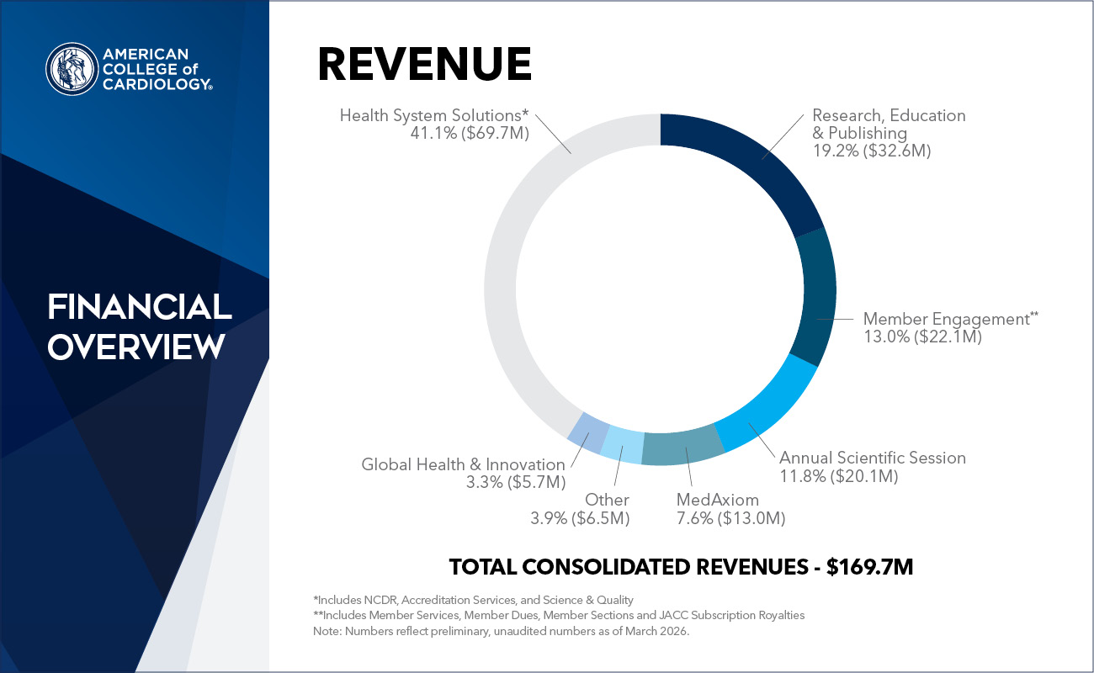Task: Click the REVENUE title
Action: pos(424,64)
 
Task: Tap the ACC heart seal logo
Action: pos(72,68)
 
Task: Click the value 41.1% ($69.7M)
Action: pos(465,132)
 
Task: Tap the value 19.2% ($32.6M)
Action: pos(871,151)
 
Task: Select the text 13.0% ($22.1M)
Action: pos(922,336)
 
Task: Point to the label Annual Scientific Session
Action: pos(872,458)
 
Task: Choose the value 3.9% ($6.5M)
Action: pos(579,518)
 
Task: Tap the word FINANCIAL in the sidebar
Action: pos(139,308)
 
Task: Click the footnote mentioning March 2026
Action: pos(500,631)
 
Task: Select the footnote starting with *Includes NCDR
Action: pos(472,600)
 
